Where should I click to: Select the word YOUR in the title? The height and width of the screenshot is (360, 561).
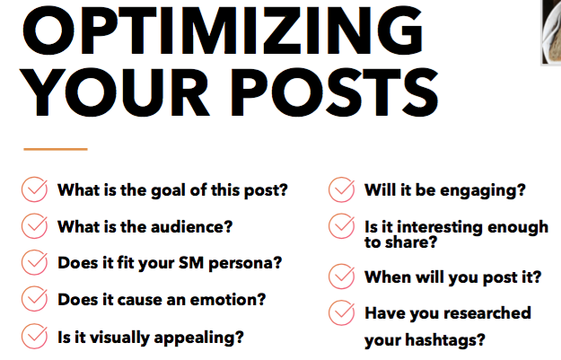coord(115,92)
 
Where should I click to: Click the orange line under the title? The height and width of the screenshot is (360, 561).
coord(56,149)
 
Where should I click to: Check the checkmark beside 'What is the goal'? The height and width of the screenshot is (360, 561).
coord(34,189)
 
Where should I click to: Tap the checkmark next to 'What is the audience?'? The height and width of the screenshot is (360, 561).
coord(34,226)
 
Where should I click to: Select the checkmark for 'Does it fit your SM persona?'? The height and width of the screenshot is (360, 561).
coord(34,262)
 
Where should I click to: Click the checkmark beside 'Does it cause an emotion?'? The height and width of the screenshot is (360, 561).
coord(34,298)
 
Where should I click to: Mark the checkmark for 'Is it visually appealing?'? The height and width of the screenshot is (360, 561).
coord(34,336)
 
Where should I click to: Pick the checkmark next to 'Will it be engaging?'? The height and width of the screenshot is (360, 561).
coord(341,189)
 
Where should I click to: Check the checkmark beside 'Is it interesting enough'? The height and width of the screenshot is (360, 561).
coord(341,226)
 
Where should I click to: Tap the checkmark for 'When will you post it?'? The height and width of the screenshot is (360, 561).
coord(341,277)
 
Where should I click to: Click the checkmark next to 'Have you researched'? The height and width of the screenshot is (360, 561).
coord(341,312)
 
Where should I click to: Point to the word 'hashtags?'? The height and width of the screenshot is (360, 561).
coord(445,340)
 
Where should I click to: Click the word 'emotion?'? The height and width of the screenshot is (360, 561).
coord(228,299)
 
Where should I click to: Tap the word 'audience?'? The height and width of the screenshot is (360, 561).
coord(192,226)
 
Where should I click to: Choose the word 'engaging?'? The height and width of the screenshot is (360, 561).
coord(483,190)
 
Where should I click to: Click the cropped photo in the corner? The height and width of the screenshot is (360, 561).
coord(551,32)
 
